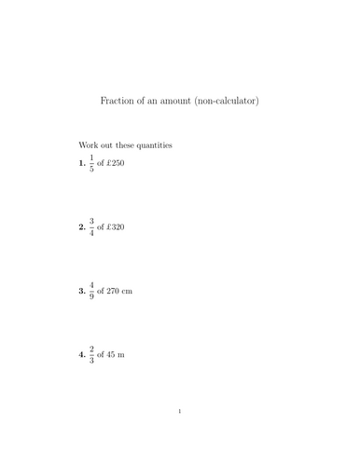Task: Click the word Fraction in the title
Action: (x=118, y=100)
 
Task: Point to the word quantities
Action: (x=151, y=145)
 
